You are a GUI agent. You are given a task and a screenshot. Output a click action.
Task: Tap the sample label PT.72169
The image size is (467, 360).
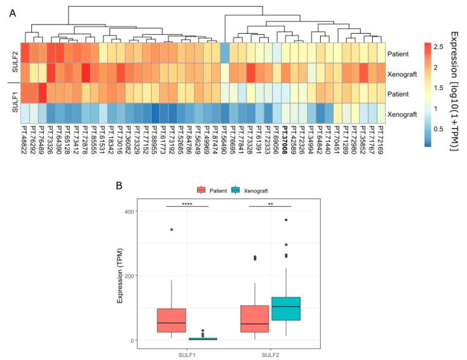(x=381, y=139)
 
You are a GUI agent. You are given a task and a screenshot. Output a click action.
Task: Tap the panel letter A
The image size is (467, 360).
(x=13, y=12)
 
